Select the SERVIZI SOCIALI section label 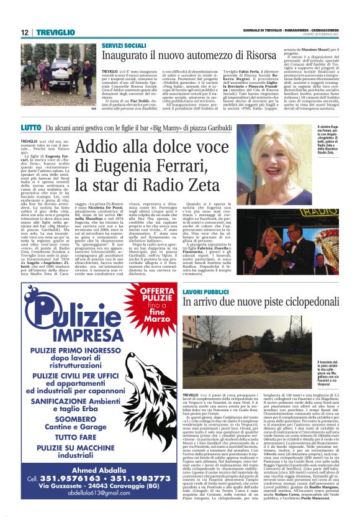pos(124,45)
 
